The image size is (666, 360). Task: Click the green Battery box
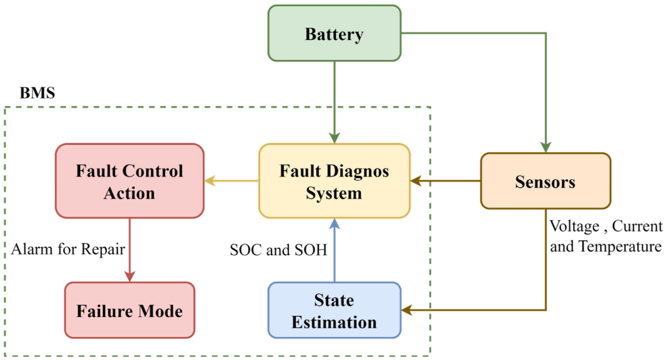coord(334,34)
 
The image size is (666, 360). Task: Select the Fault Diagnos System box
coord(334,181)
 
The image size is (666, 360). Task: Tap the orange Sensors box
coord(545,181)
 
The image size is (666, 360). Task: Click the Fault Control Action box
coord(129,181)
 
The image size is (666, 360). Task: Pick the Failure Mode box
coord(129,310)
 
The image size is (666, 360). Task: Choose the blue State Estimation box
coord(334,310)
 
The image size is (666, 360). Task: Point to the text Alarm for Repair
coord(68,250)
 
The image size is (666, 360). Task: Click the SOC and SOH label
coord(278,250)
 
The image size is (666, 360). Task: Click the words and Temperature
coord(605,246)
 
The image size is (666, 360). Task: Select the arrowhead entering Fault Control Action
coord(210,181)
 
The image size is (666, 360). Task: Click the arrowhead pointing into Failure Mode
coord(129,276)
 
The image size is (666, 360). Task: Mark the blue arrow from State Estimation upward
coord(334,253)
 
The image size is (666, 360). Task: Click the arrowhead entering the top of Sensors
coord(546,147)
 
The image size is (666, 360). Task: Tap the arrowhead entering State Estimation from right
coord(406,310)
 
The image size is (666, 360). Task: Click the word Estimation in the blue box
coord(334,322)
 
